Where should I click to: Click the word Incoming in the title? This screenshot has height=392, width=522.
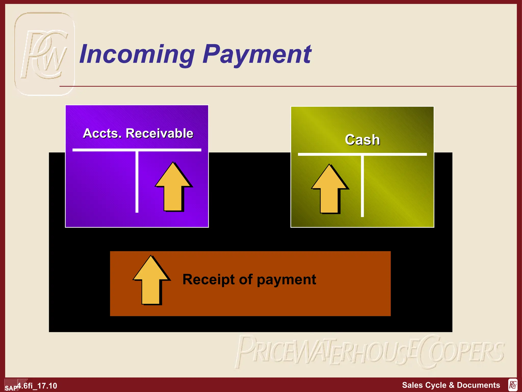point(137,54)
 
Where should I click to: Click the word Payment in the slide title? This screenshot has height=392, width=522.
point(257,54)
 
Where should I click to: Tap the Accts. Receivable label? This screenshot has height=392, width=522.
point(138,133)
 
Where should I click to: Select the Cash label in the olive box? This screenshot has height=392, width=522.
point(362,140)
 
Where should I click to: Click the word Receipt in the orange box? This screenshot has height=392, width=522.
point(208,279)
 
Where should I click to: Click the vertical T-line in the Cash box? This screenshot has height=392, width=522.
point(362,186)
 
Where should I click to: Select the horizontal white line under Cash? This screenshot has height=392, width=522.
point(362,154)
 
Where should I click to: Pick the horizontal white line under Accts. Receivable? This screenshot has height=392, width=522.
point(137,150)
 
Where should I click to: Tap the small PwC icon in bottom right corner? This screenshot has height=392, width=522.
point(513,385)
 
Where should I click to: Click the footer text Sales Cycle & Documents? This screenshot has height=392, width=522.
point(451,385)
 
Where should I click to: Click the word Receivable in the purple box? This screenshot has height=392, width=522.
point(159,133)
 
